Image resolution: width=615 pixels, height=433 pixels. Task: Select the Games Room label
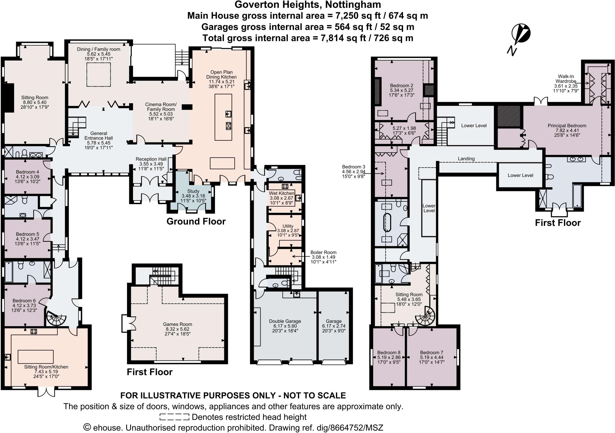click(177, 329)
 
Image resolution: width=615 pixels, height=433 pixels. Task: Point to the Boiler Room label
click(323, 257)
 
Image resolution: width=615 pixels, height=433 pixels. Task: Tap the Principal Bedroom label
click(567, 130)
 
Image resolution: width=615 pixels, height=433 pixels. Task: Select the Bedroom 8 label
click(389, 357)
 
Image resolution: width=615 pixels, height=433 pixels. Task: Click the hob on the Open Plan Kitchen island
click(228, 126)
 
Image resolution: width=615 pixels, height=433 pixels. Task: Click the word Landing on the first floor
click(466, 158)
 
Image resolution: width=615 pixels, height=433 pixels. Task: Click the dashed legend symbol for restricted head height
click(174, 417)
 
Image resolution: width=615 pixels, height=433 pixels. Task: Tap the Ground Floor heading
click(196, 222)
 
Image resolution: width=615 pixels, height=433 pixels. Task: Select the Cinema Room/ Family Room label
click(161, 112)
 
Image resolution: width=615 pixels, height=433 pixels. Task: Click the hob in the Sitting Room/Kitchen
click(34, 331)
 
